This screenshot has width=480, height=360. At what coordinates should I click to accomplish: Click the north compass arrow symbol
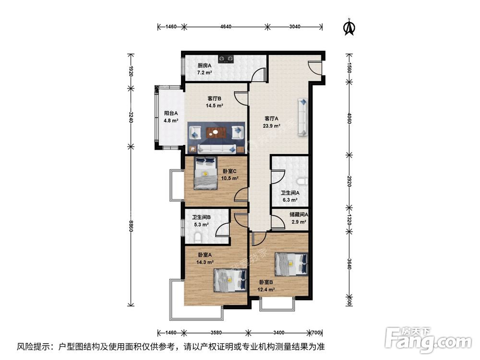[349, 27]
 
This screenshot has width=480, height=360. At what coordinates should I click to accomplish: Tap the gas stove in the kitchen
[226, 60]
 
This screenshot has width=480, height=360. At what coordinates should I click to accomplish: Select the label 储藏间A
[299, 215]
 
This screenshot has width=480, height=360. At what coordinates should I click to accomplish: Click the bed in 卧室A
[229, 279]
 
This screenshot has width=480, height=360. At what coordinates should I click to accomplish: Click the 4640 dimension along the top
[226, 27]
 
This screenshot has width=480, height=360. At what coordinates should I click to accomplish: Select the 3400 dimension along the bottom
[279, 332]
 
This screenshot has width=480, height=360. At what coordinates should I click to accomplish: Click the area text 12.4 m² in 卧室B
[267, 289]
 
